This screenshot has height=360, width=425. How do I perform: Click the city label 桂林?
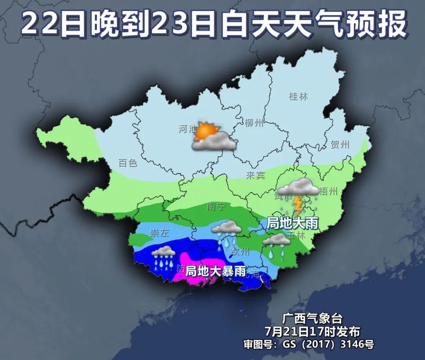pos(298,96)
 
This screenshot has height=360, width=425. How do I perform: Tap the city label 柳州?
pos(254,123)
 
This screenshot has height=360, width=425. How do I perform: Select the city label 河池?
pos(187,129)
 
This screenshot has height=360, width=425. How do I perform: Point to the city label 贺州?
pos(340,144)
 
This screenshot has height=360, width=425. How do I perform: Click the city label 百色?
pos(128,162)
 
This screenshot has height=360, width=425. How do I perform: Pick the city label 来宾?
pos(255,175)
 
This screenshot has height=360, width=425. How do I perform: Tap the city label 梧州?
pos(329,192)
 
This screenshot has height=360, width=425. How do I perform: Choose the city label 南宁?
pos(216,207)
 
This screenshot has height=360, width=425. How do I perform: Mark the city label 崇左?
pos(159,233)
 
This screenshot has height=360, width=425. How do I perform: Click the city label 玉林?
pos(296,235)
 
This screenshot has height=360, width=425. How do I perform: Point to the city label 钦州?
pos(240,251)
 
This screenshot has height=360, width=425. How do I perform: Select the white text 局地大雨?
pos(292,223)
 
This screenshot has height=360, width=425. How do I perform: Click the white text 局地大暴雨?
pos(216,271)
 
